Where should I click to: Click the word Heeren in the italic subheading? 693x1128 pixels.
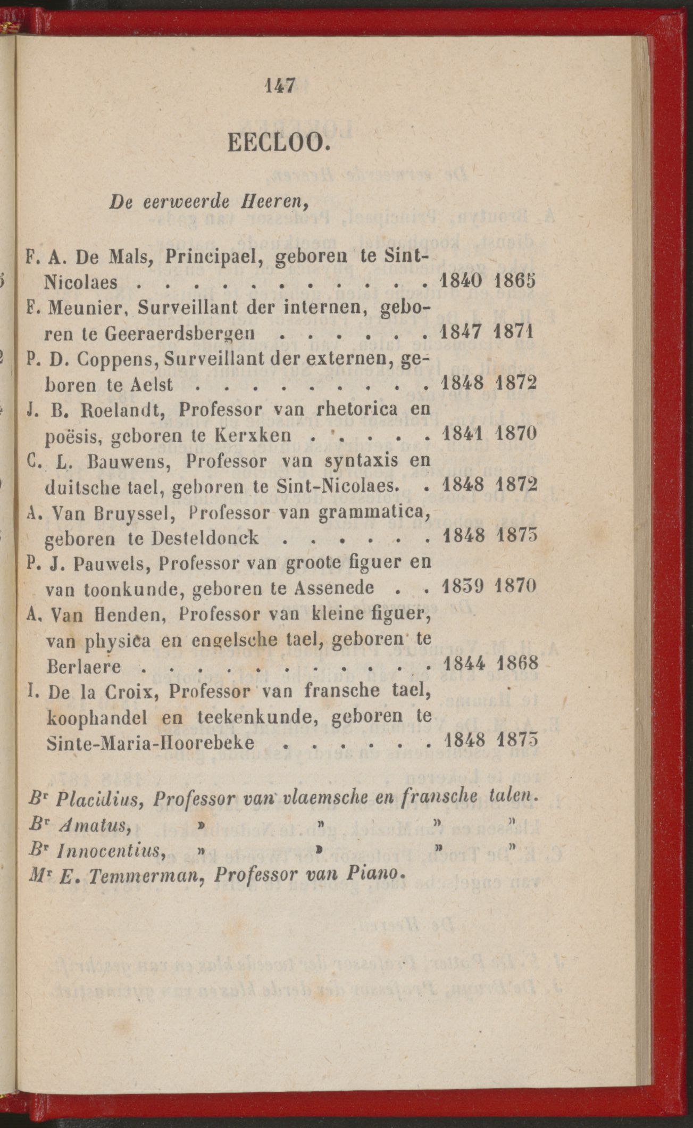click(x=278, y=202)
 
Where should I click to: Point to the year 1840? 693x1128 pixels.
click(x=462, y=280)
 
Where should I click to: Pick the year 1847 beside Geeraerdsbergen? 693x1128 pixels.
click(x=462, y=332)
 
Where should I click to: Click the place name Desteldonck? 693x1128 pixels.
click(x=205, y=537)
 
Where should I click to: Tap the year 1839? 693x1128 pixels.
click(x=462, y=587)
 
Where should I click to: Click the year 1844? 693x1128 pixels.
click(x=462, y=664)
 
